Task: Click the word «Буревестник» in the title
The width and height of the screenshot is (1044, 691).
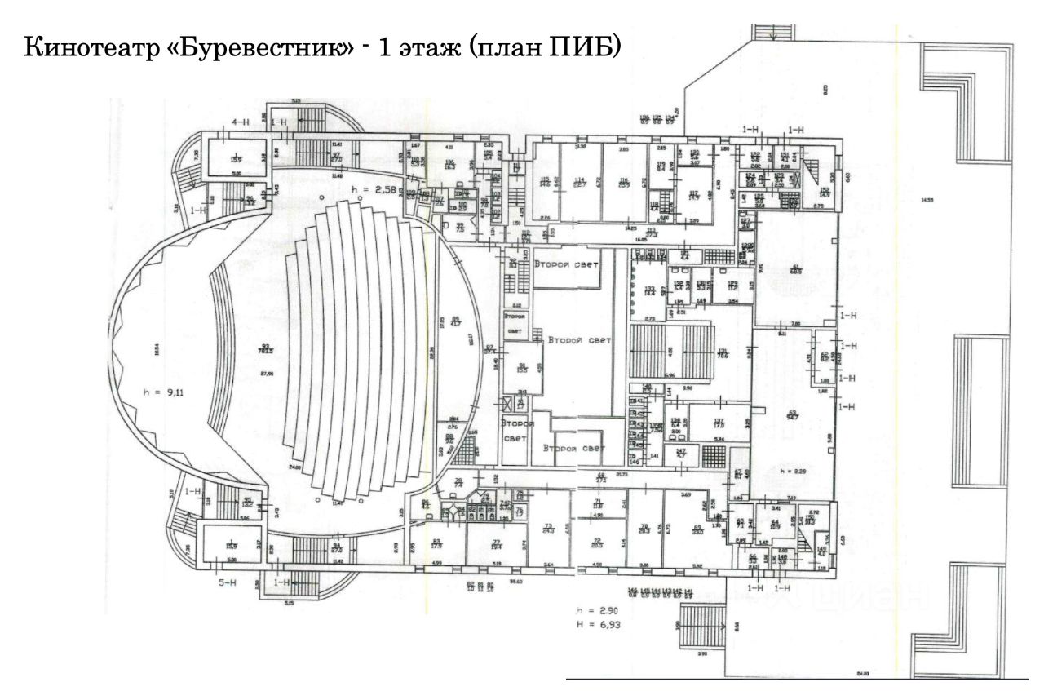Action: pos(269,47)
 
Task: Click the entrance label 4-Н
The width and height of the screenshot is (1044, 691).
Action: pos(240,122)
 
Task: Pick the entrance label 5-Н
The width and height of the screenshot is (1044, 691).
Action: pos(227,582)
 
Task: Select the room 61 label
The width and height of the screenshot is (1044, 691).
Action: pos(797,268)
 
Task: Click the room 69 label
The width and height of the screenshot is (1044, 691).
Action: pos(697,529)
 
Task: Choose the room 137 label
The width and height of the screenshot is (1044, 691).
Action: pos(719,422)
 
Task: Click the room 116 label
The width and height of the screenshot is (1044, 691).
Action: pos(624,182)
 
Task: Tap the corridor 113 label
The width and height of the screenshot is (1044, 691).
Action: pos(651,233)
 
